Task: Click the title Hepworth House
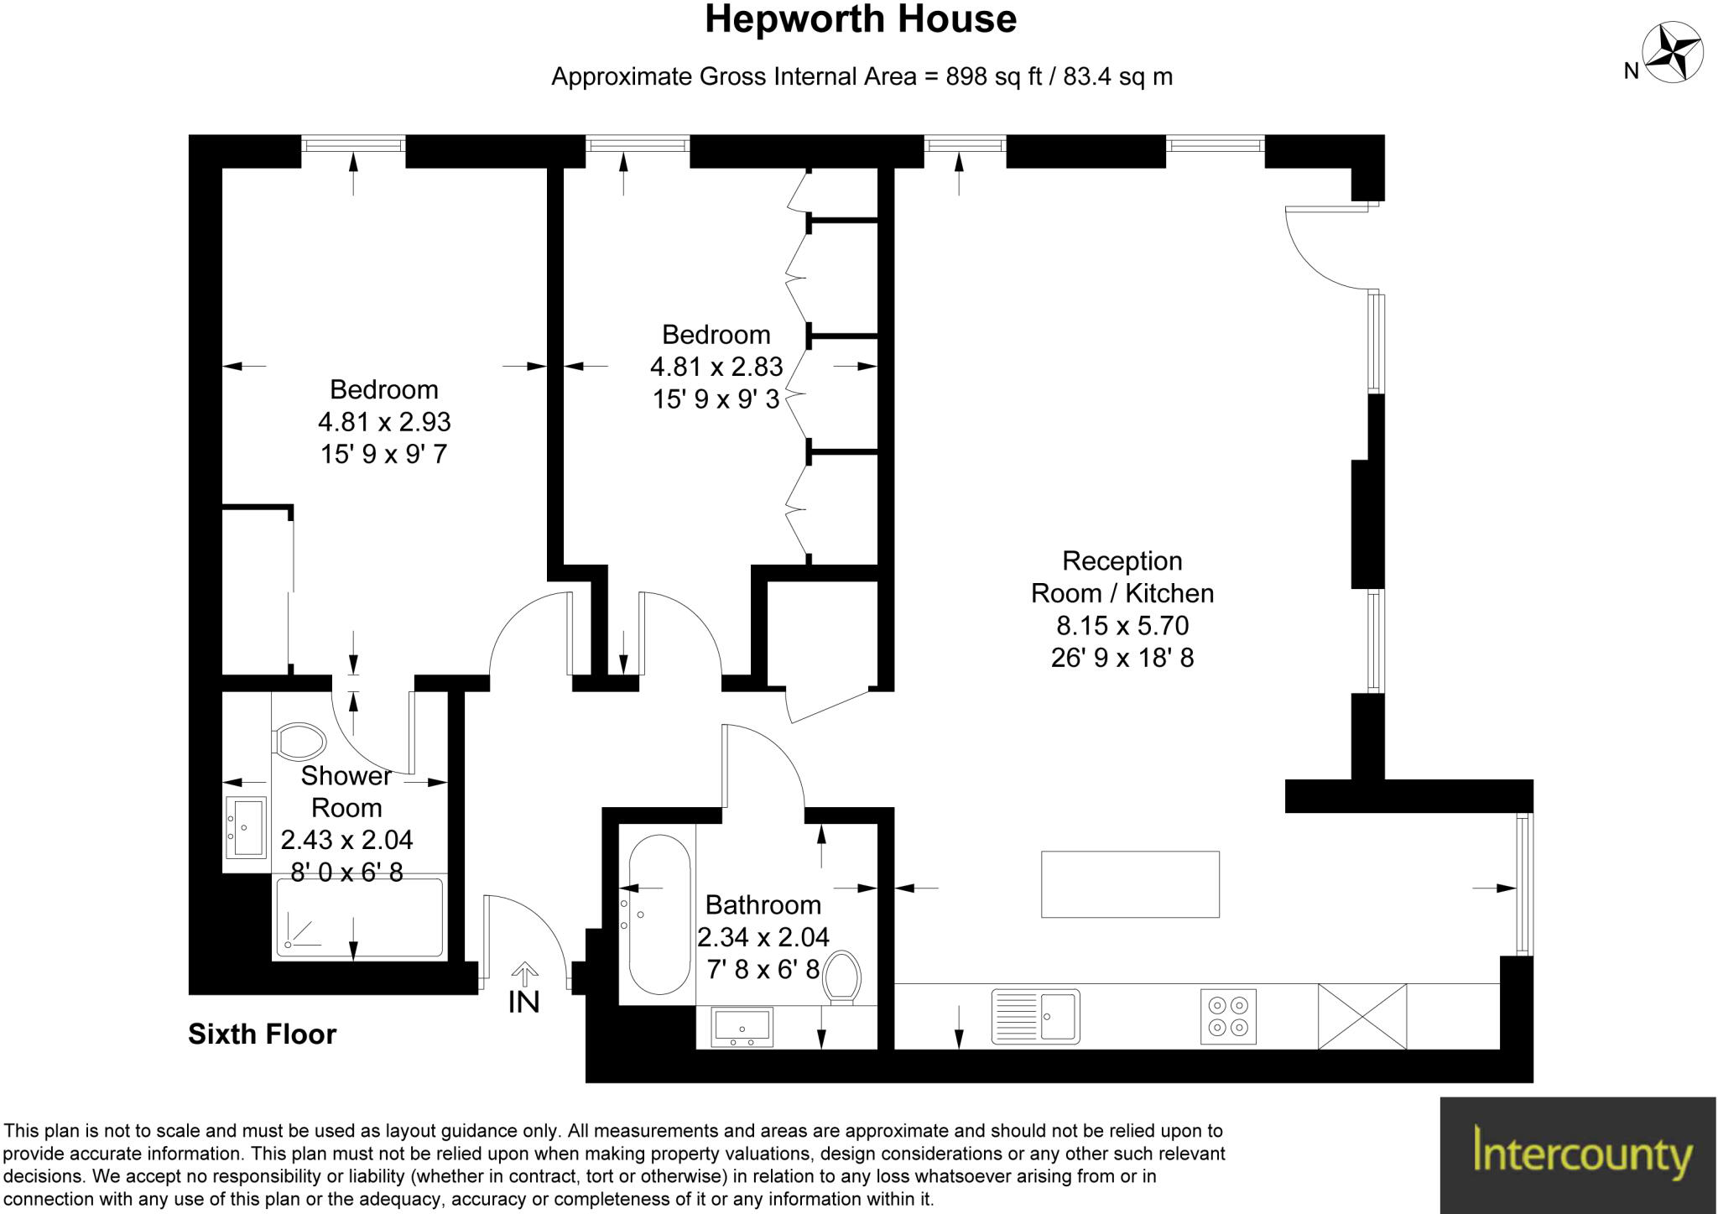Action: pos(861,19)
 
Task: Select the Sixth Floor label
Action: pos(262,1034)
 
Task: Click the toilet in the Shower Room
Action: pos(299,741)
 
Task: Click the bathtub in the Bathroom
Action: pos(659,914)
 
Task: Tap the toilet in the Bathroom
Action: pos(842,977)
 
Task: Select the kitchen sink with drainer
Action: pos(1035,1017)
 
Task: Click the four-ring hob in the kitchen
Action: pos(1228,1017)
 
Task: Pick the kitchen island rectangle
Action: pos(1130,884)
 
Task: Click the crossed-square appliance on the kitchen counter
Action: pos(1362,1017)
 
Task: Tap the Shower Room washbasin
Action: pos(245,827)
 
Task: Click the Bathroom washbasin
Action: pos(742,1027)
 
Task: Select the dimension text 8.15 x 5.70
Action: pos(1122,625)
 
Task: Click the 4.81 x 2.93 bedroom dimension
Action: pos(384,421)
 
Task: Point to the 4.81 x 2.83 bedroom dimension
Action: pos(716,367)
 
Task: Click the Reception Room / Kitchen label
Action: pos(1122,577)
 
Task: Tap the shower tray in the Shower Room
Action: pos(359,917)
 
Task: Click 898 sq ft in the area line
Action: pos(993,76)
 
